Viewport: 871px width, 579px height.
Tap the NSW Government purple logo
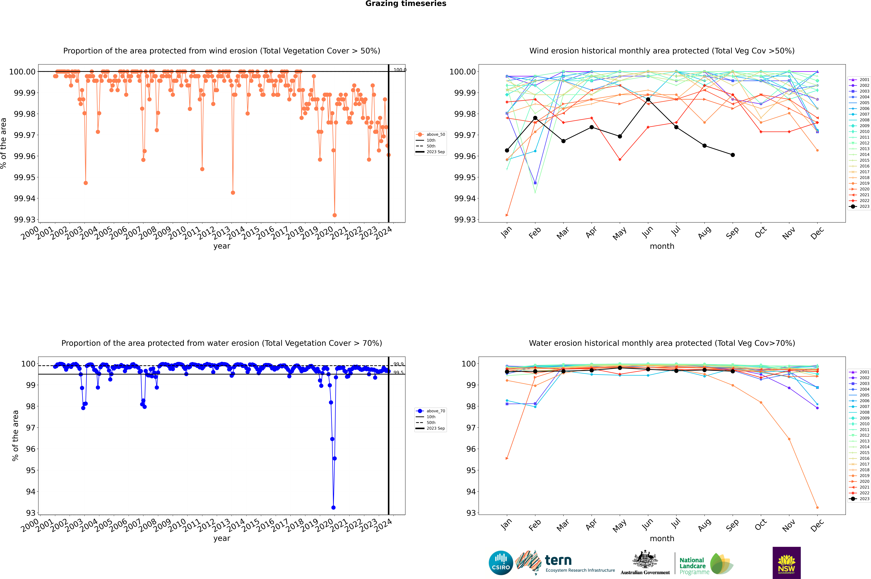click(x=786, y=563)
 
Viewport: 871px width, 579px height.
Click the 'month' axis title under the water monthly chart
click(x=662, y=538)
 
